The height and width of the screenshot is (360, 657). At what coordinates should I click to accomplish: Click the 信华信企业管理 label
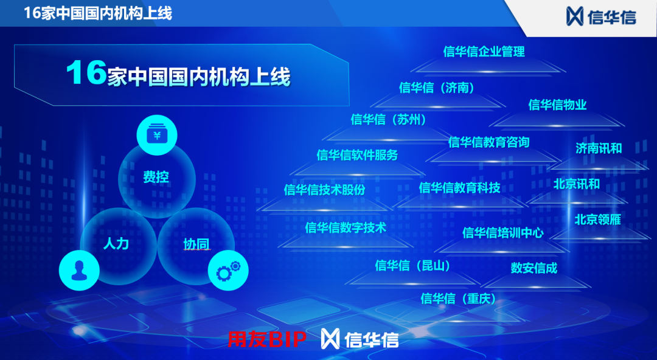click(484, 52)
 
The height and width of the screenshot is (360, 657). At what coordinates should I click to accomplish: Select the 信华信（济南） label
click(437, 88)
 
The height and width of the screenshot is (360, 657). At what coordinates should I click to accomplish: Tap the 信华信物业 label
click(557, 105)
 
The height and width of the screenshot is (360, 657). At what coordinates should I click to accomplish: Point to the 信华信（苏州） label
click(389, 119)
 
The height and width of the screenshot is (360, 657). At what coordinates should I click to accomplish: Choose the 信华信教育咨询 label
click(488, 142)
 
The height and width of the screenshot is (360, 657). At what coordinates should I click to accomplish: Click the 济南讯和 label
click(599, 148)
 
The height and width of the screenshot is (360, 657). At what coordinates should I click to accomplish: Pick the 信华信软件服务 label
click(357, 155)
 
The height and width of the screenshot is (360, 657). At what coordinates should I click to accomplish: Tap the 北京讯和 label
click(576, 184)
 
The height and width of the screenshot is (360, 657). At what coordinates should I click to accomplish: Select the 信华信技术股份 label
click(325, 190)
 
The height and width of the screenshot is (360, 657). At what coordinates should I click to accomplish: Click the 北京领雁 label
click(597, 220)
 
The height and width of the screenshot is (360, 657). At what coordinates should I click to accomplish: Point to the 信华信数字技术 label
click(346, 228)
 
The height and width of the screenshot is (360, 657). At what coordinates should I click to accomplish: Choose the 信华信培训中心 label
click(502, 232)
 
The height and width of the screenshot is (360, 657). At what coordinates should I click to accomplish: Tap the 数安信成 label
click(534, 268)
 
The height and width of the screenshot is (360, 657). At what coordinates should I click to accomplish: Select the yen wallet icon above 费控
click(157, 136)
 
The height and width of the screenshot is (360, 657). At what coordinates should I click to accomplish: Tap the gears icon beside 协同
click(228, 269)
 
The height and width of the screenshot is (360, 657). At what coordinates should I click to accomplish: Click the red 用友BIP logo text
click(266, 339)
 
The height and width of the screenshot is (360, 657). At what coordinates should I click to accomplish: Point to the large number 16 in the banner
click(86, 74)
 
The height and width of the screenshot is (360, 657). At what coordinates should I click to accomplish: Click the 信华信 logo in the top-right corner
click(601, 16)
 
